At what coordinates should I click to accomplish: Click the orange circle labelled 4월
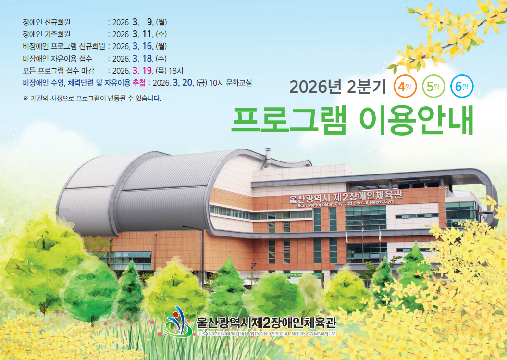coord(404,87)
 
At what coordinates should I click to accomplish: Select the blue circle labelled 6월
coord(462,87)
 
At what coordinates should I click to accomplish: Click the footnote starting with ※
coord(92,99)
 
